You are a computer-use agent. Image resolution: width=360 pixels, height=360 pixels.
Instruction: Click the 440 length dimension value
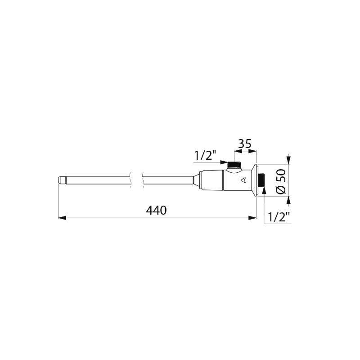pyautogui.click(x=156, y=210)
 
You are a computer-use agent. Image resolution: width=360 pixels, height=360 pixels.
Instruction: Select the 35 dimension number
pyautogui.click(x=244, y=144)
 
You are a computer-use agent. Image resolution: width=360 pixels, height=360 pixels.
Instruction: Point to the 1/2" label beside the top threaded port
pyautogui.click(x=205, y=156)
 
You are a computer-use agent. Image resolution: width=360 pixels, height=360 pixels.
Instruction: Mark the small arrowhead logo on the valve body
pyautogui.click(x=243, y=181)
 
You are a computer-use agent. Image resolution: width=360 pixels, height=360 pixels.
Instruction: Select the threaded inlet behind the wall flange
pyautogui.click(x=261, y=181)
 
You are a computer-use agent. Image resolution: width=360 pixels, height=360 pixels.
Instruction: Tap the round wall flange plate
pyautogui.click(x=255, y=180)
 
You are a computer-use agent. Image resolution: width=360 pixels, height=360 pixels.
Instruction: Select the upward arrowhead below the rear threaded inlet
pyautogui.click(x=264, y=190)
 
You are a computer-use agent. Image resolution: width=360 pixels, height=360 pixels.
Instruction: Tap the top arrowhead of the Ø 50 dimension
pyautogui.click(x=288, y=161)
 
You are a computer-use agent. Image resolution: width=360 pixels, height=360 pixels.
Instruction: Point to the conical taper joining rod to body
pyautogui.click(x=196, y=180)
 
